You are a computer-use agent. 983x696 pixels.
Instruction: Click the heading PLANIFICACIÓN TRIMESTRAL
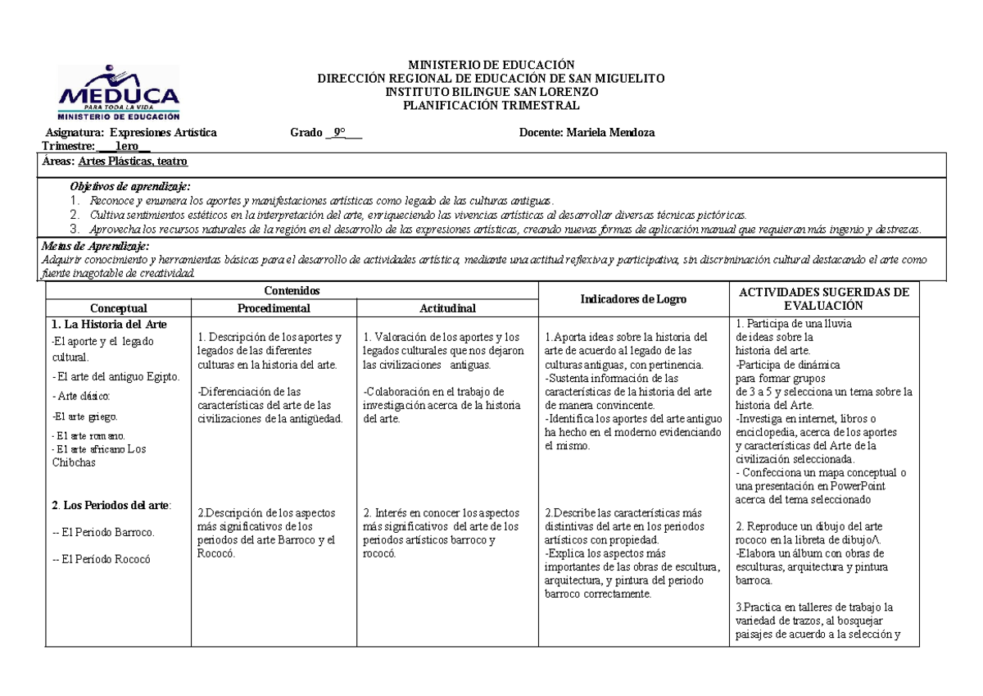tap(492, 105)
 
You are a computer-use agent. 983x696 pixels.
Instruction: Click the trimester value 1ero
tap(127, 146)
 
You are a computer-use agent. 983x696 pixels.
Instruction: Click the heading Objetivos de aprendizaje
tap(130, 187)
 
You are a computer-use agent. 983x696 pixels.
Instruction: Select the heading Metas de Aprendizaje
tap(95, 246)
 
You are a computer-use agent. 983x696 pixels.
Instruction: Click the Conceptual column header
tap(119, 308)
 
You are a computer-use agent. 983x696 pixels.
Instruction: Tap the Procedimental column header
tap(274, 308)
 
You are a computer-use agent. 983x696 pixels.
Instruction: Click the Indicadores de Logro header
tap(632, 300)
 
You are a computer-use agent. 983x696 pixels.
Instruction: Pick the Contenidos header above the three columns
tap(292, 291)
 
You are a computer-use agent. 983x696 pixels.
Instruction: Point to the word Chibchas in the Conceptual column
tap(73, 462)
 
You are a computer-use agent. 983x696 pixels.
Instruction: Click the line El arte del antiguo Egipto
tap(116, 376)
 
